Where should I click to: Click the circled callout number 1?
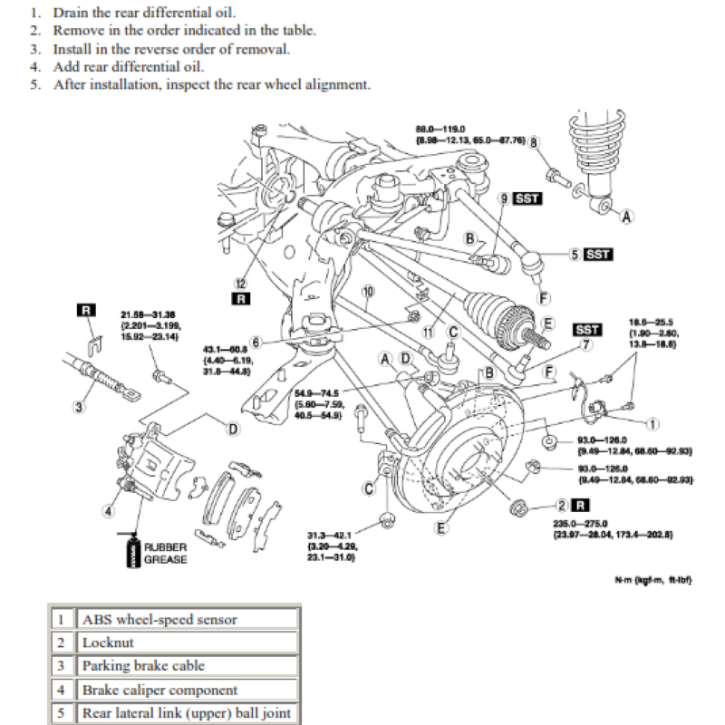pos(651,422)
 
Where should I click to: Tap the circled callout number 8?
pos(534,143)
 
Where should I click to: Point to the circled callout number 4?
pos(109,510)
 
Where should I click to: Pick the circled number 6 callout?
pos(256,343)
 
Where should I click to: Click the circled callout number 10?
pos(367,292)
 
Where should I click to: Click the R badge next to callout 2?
pos(581,505)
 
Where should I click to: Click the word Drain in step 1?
pos(72,13)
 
